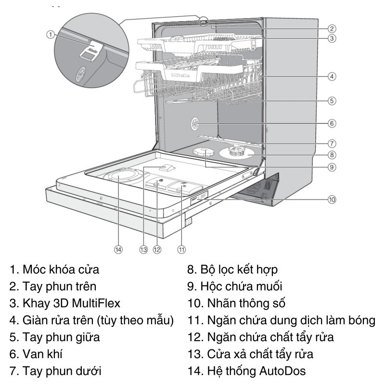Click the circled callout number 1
point(50,34)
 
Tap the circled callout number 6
point(332,123)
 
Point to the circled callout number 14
point(118,249)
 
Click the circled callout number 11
point(181,249)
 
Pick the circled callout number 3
point(332,38)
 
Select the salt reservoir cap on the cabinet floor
point(204,152)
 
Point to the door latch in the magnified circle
point(90,51)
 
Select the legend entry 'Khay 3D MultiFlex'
point(65,303)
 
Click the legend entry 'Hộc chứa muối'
point(235,286)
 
